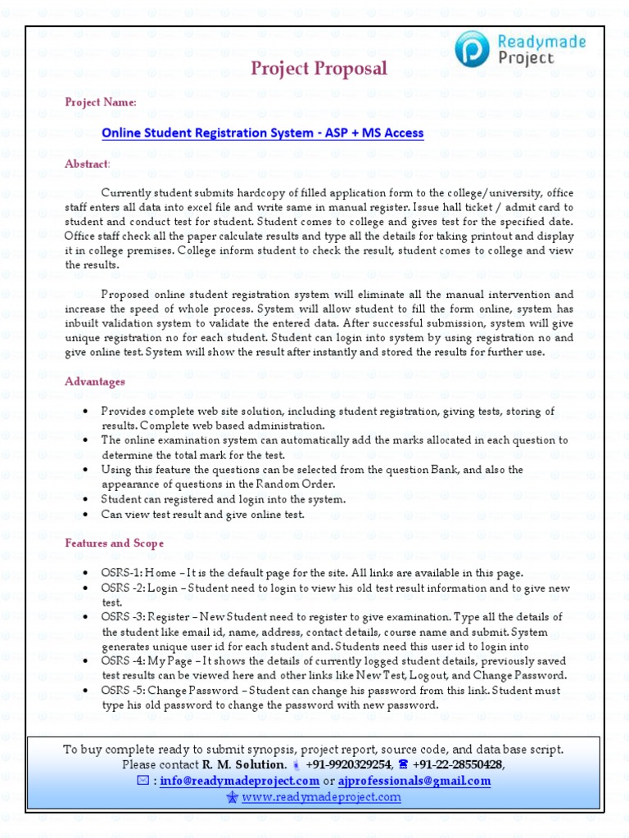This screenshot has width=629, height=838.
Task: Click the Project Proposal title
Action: coord(319,69)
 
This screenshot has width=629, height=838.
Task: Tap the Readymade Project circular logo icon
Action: coord(474,48)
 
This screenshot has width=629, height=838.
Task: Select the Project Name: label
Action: coord(101,102)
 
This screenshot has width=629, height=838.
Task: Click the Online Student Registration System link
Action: coord(262,133)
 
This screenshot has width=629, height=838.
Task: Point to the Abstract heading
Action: coord(87,164)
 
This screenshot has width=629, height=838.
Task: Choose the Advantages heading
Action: coord(95,381)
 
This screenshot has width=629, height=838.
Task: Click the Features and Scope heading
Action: coord(114,543)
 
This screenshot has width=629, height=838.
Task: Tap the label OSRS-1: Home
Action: coord(138,573)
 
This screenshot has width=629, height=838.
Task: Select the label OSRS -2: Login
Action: coord(141,588)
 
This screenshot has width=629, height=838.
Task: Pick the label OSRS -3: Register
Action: coord(146,617)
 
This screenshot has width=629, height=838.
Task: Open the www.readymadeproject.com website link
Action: coord(321,796)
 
